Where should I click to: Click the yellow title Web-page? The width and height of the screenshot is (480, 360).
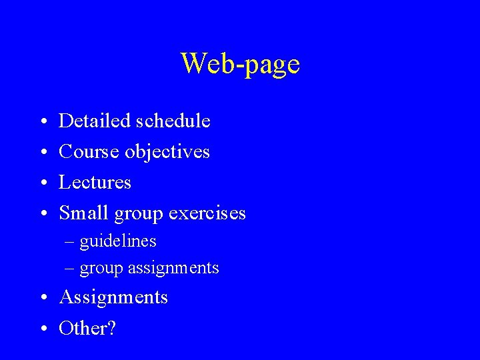pos(240,65)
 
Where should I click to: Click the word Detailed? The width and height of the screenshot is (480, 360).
pos(95,121)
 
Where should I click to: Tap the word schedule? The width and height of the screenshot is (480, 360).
pos(173,121)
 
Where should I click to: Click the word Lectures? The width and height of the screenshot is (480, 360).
pos(95,182)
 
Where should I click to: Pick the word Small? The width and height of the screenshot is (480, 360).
pos(85,213)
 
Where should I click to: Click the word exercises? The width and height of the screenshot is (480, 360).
pos(207,213)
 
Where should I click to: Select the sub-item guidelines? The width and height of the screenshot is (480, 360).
pos(118,241)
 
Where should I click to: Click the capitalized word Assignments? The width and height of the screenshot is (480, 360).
pos(113,297)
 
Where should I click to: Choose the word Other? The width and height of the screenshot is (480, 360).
pos(87,328)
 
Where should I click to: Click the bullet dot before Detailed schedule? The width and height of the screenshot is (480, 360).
pos(43,122)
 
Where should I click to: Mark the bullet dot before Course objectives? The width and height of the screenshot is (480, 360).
pos(43,153)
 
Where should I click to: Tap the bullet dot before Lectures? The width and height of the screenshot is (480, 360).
pos(43,183)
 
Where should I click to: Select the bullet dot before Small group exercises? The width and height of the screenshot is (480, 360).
pos(43,214)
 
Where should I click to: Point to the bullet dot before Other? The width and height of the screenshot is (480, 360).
pos(43,329)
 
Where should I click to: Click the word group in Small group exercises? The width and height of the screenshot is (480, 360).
pos(139,215)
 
